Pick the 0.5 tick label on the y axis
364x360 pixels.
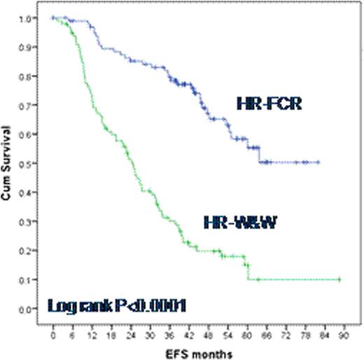pos(32,163)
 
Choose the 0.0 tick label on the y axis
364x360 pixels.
pos(32,309)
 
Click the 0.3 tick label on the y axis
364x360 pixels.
pos(32,221)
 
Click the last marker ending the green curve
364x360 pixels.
pos(339,279)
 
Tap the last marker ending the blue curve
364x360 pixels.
pos(318,162)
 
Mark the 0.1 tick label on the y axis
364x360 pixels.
pos(32,279)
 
